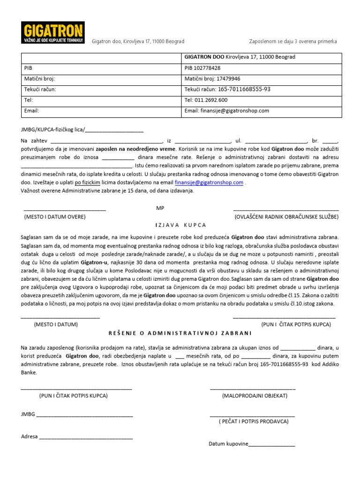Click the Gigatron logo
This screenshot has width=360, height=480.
pos(53,34)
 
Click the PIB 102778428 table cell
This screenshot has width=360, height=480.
pos(262,68)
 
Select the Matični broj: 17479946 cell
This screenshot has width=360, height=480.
pos(262,79)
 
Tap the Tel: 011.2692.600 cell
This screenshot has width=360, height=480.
pos(262,100)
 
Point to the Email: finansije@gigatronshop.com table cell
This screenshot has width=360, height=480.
pos(262,111)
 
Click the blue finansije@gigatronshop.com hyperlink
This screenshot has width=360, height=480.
pos(209,183)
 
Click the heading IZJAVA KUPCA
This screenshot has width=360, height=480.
pos(180,225)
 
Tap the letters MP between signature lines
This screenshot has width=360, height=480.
pos(160,208)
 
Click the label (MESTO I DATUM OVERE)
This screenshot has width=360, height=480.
pos(55,217)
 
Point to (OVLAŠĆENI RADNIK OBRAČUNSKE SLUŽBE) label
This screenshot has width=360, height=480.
pos(286,217)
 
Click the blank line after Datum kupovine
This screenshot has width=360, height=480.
pos(271,444)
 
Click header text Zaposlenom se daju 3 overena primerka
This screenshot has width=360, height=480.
pos(292,41)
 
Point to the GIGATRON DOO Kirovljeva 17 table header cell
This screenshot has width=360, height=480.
pos(262,57)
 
